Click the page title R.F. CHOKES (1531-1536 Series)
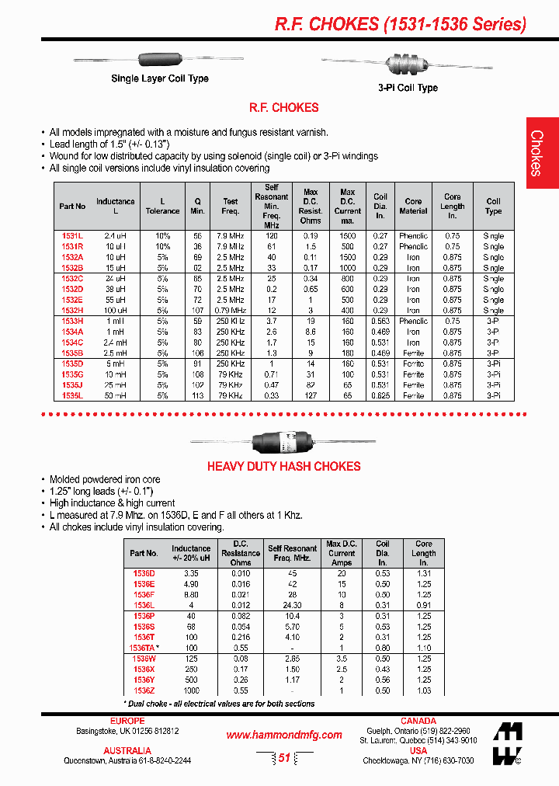pyautogui.click(x=401, y=24)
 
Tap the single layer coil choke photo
pyautogui.click(x=158, y=60)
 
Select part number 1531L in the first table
pyautogui.click(x=72, y=235)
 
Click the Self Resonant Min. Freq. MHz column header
pyautogui.click(x=272, y=206)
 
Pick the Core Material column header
pyautogui.click(x=413, y=206)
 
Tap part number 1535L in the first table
pyautogui.click(x=72, y=395)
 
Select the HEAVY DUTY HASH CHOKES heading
pyautogui.click(x=283, y=467)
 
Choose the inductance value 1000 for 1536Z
pyautogui.click(x=191, y=690)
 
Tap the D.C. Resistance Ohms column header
pyautogui.click(x=240, y=553)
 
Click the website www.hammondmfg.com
pyautogui.click(x=283, y=735)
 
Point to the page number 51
pyautogui.click(x=283, y=758)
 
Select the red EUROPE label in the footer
pyautogui.click(x=127, y=721)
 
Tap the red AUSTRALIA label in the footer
pyautogui.click(x=127, y=750)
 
